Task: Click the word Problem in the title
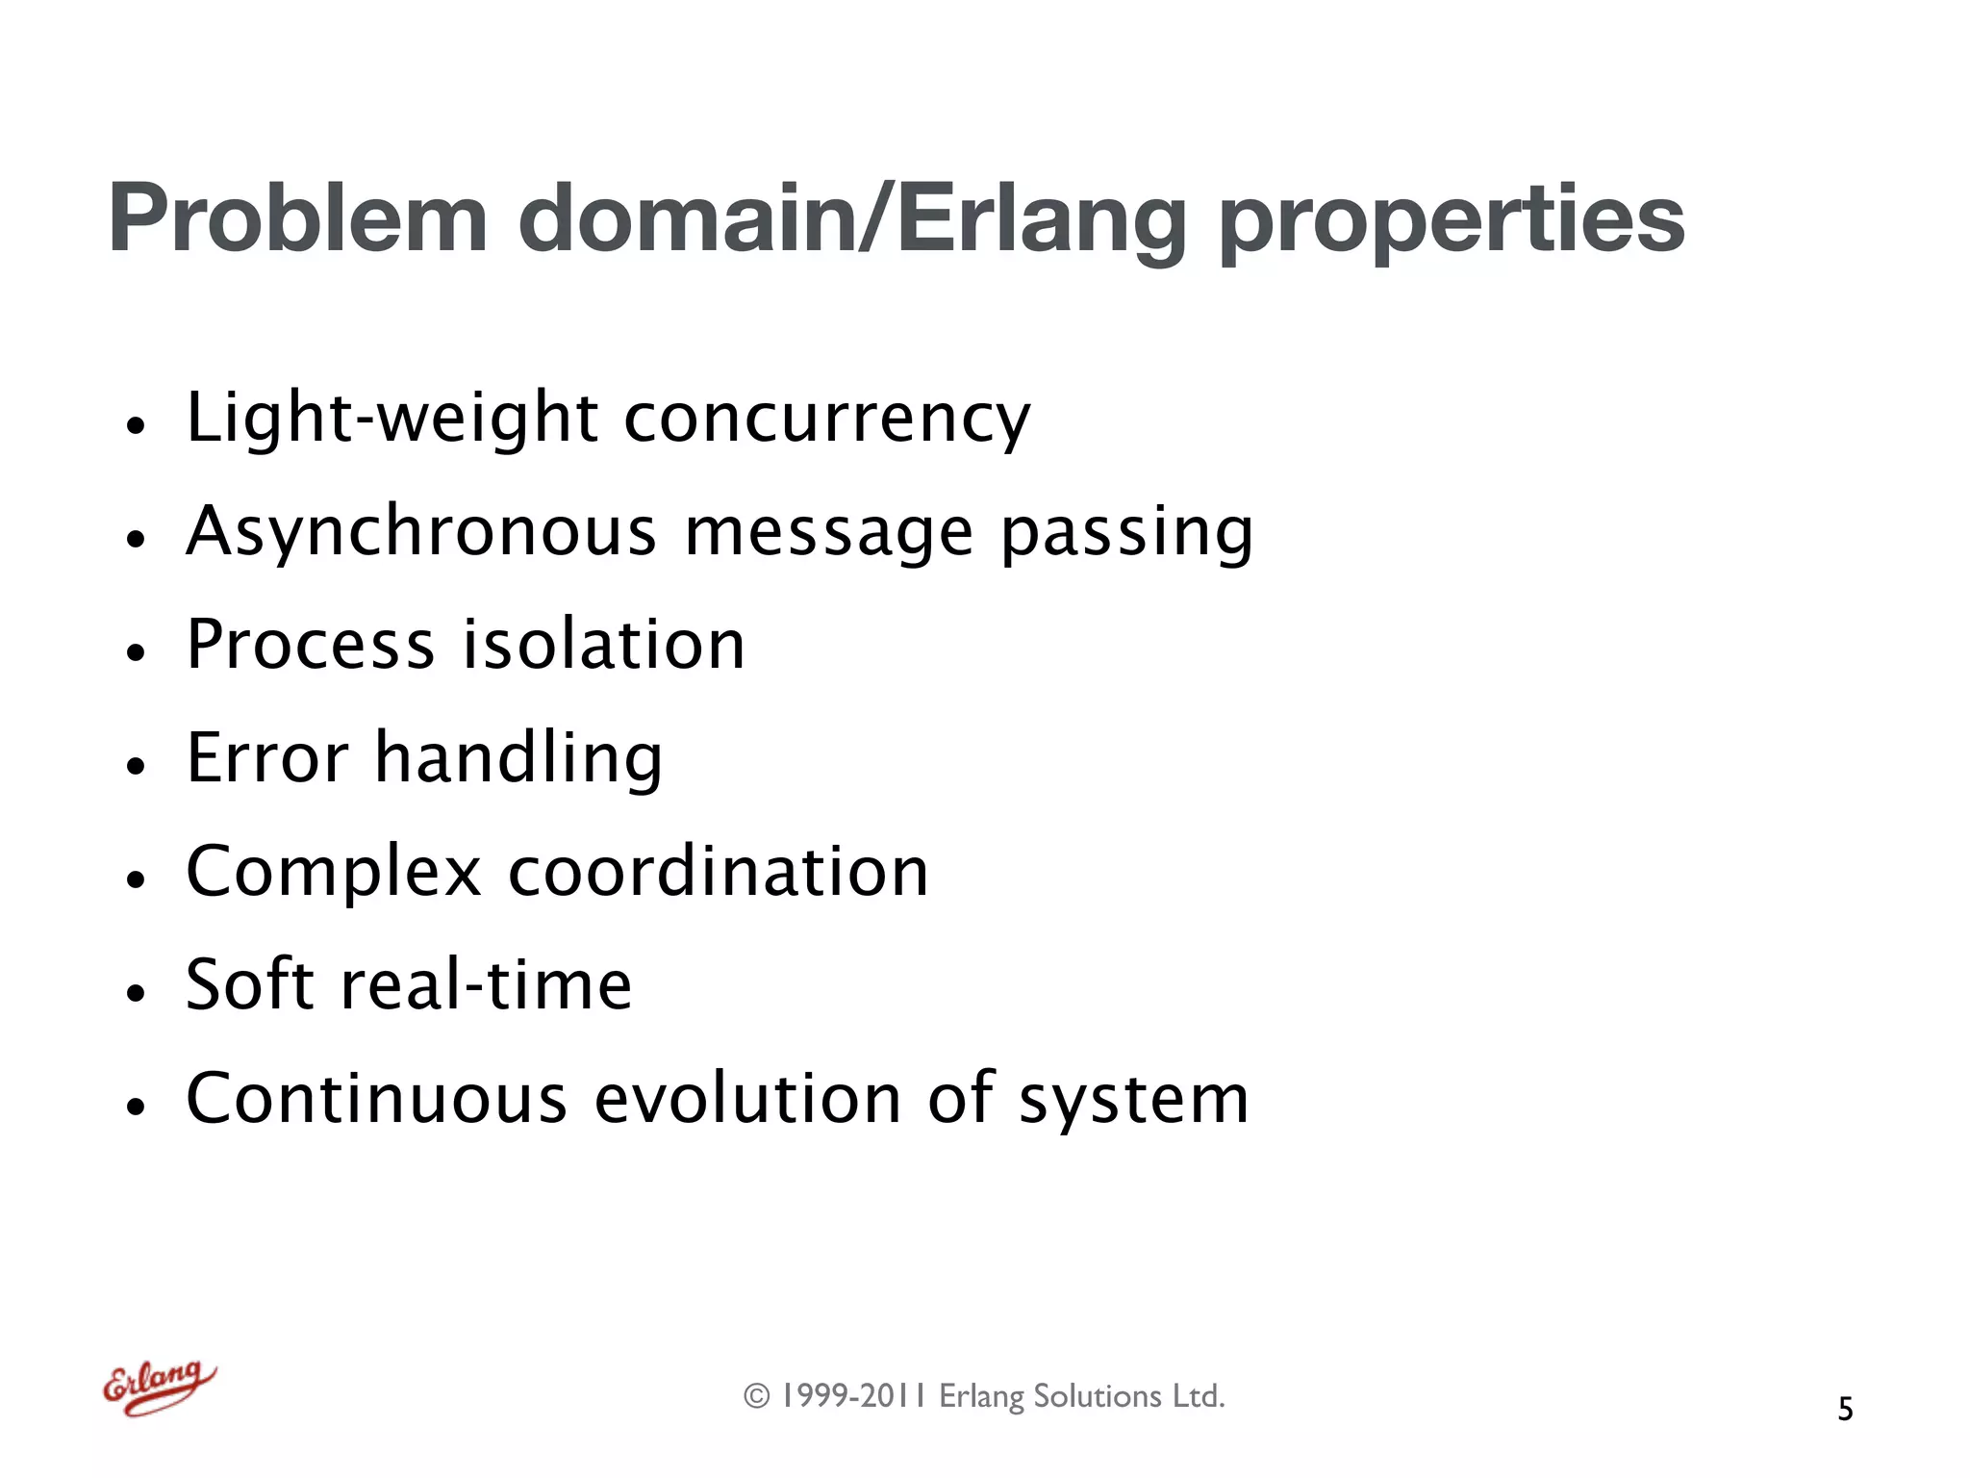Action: pos(298,219)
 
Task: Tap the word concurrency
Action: pos(827,420)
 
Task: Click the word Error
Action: pos(266,758)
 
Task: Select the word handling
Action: pos(518,760)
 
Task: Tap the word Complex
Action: pos(333,873)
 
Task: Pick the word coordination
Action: pos(719,872)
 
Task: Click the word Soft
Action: pos(247,984)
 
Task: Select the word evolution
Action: pos(747,1098)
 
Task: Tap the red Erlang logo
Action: pos(159,1388)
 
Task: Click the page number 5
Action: pos(1845,1409)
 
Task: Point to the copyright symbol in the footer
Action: pos(757,1396)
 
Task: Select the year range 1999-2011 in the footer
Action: pos(852,1396)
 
